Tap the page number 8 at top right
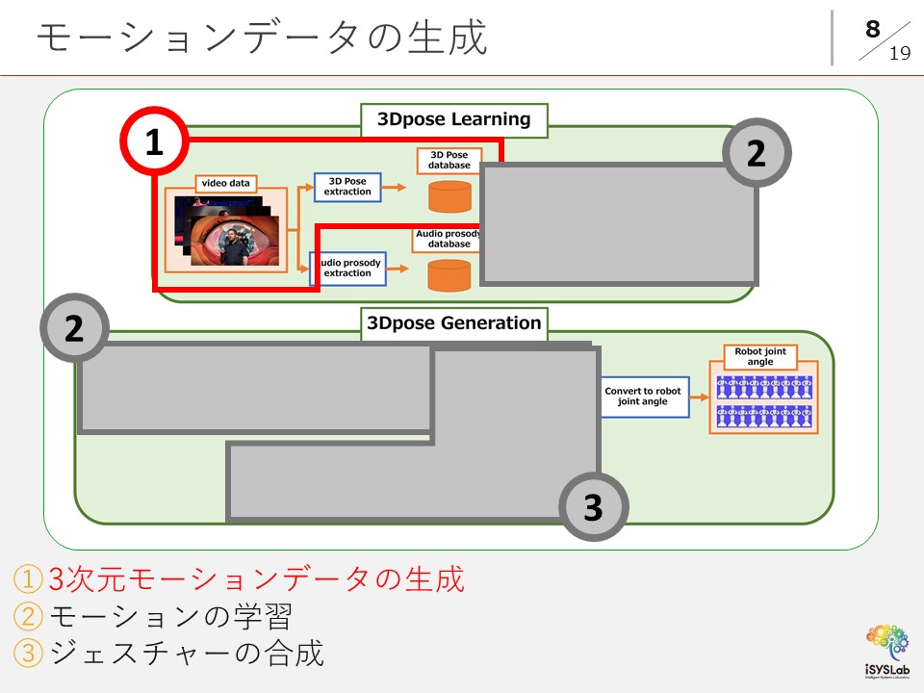872,29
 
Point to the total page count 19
899,54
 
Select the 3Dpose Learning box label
453,119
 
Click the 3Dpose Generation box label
454,323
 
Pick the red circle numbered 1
154,143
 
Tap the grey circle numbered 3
593,507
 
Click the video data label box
226,183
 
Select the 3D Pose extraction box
347,187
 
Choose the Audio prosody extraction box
347,269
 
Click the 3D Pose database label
449,160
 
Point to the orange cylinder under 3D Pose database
449,197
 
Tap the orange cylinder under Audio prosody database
449,275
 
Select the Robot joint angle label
760,357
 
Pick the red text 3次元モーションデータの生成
256,579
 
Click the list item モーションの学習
168,616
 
